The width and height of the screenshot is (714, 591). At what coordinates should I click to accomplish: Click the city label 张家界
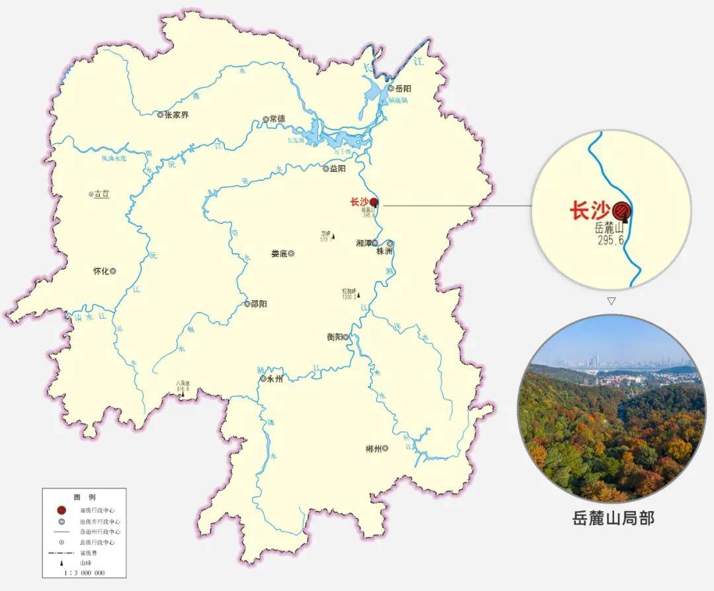pyautogui.click(x=177, y=115)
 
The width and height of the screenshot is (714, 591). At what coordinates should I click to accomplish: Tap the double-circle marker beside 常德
pyautogui.click(x=266, y=120)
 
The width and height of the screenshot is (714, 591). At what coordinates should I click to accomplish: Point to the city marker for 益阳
pyautogui.click(x=325, y=169)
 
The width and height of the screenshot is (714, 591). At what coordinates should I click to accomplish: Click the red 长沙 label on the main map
pyautogui.click(x=358, y=202)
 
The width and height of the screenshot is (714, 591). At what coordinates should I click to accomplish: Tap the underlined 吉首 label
pyautogui.click(x=101, y=194)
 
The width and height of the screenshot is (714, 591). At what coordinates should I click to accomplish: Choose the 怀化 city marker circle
pyautogui.click(x=113, y=271)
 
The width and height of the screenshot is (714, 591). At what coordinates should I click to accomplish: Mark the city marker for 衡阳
pyautogui.click(x=346, y=337)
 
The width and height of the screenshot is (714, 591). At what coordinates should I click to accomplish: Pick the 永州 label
pyautogui.click(x=275, y=379)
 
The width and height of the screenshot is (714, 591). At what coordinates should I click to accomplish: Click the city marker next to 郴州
pyautogui.click(x=385, y=449)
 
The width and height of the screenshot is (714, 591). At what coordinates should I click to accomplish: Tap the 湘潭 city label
pyautogui.click(x=363, y=243)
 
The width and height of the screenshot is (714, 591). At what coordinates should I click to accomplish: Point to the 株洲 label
pyautogui.click(x=385, y=252)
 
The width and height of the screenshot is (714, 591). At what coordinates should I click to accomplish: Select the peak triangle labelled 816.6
pyautogui.click(x=183, y=394)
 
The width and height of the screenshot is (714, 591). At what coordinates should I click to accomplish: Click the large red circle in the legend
pyautogui.click(x=61, y=510)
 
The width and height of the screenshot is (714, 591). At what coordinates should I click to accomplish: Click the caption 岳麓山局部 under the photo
pyautogui.click(x=613, y=518)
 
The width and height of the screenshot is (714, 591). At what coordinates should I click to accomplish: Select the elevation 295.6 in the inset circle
pyautogui.click(x=611, y=240)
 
